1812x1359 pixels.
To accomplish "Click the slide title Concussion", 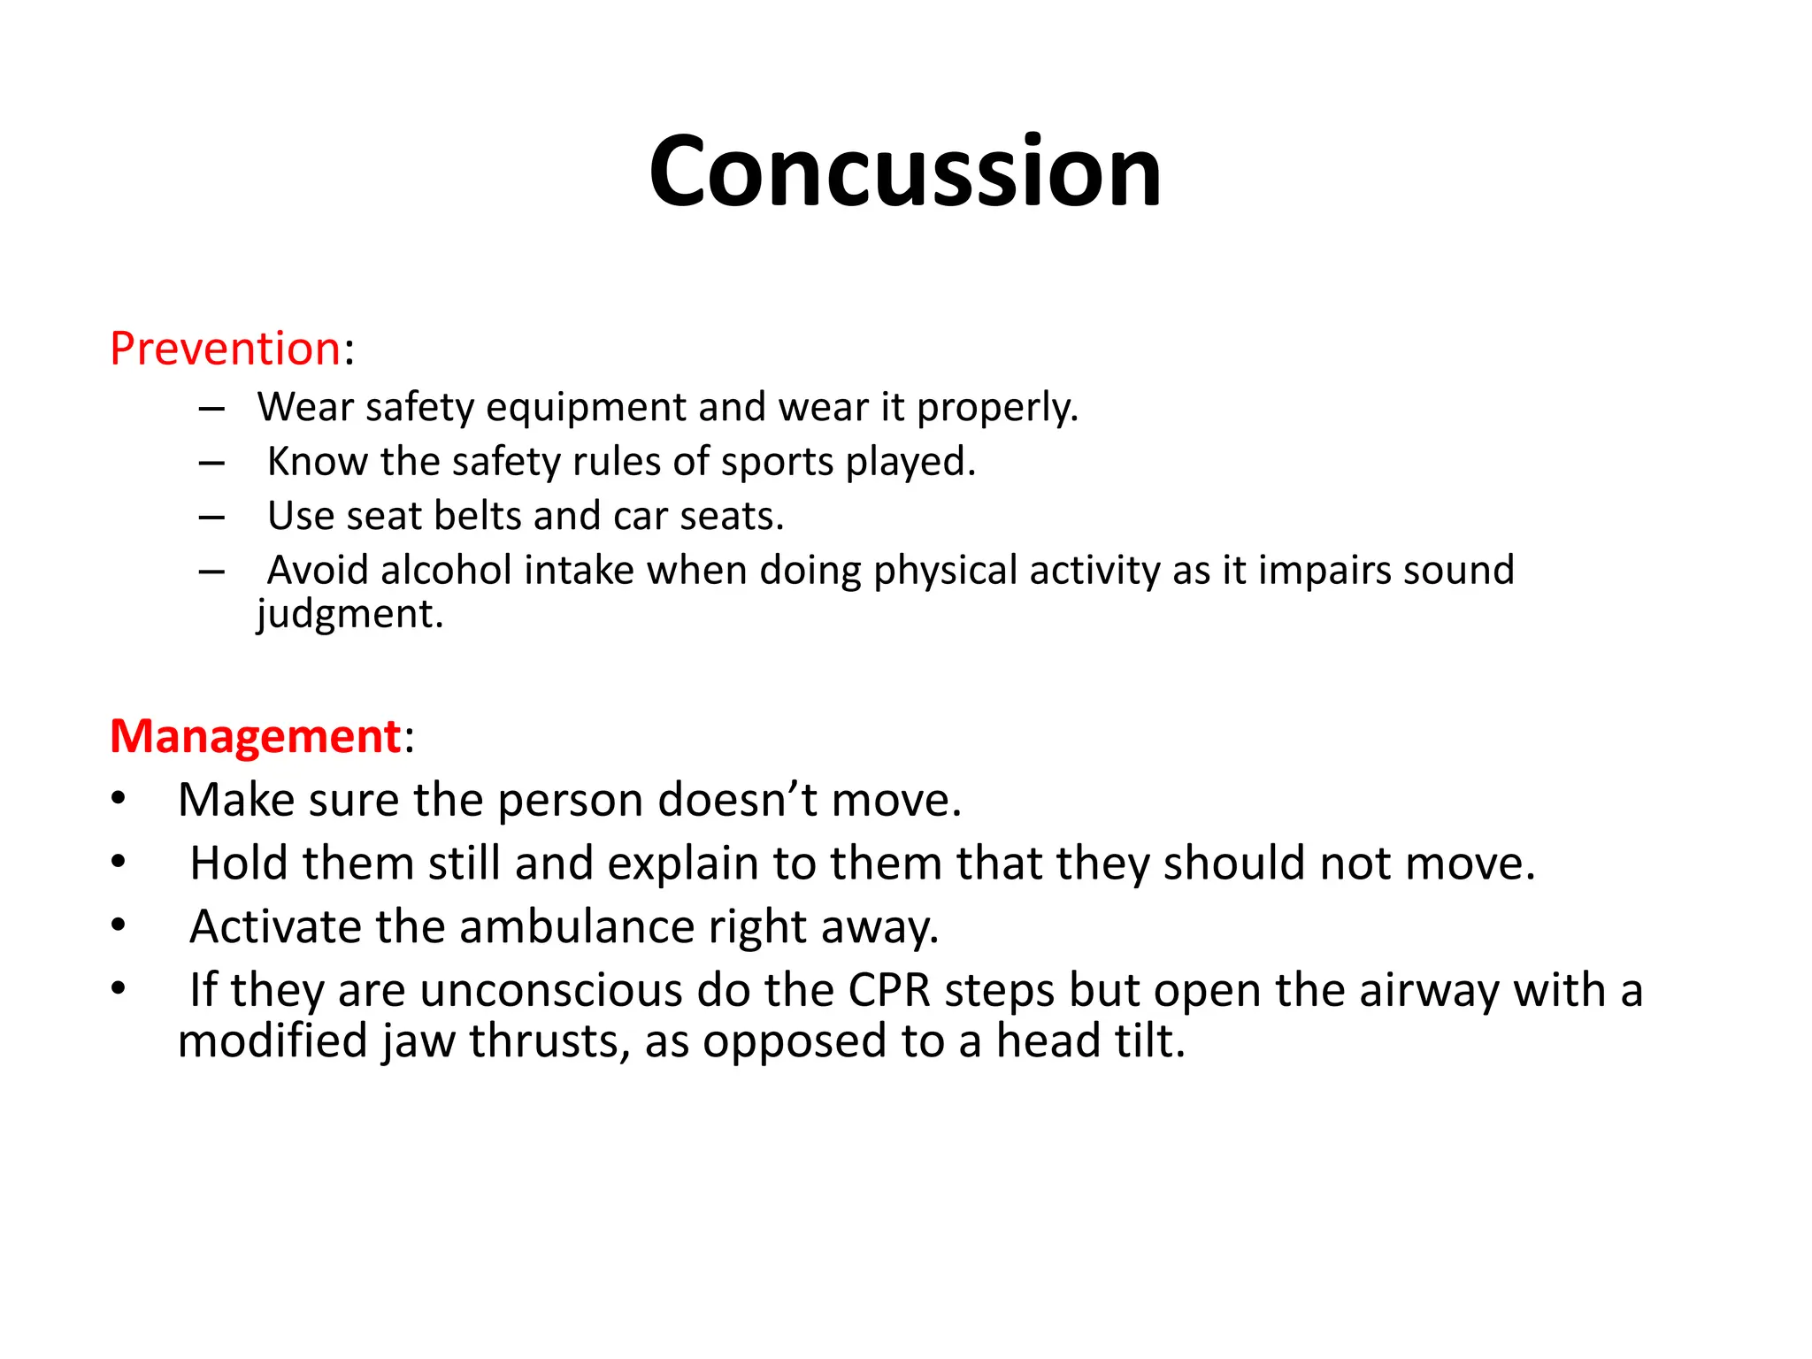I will point(904,171).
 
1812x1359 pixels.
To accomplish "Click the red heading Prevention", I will point(225,348).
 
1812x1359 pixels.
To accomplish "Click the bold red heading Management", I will point(255,736).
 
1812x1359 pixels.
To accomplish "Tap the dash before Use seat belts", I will point(211,517).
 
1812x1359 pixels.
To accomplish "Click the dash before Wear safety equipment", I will point(211,409).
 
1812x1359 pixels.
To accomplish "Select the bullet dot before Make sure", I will point(119,798).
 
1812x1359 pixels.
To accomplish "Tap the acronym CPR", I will point(889,990).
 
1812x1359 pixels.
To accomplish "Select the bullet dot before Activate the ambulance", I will point(119,925).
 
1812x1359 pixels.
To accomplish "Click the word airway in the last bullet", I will point(1429,990).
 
